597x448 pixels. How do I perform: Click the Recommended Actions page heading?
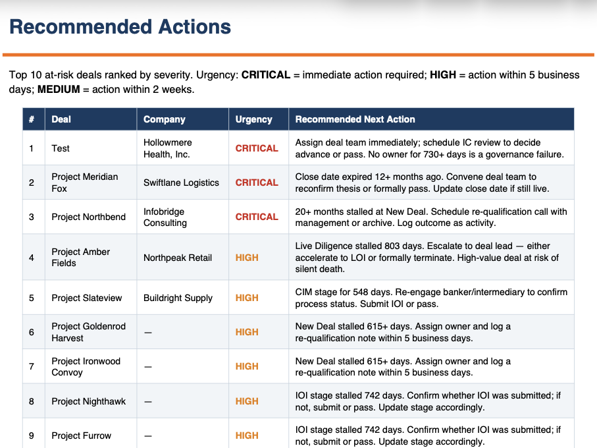(120, 27)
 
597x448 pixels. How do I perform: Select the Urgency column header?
(253, 119)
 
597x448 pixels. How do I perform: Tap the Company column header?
(164, 119)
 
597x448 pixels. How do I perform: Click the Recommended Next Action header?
(355, 119)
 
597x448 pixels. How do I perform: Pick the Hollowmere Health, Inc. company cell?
(168, 148)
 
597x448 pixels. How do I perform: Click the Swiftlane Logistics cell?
(181, 182)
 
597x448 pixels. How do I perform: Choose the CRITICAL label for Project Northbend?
(257, 217)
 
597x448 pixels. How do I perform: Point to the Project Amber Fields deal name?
(81, 257)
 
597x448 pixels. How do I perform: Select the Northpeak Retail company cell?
(178, 258)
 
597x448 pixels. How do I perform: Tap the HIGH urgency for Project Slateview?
(247, 298)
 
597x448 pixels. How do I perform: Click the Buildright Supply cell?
(178, 298)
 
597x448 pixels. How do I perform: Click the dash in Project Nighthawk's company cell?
(148, 401)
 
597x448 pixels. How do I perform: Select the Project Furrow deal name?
(82, 435)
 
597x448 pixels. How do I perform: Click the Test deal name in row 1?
(61, 148)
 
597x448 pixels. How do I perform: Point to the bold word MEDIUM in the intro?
(59, 89)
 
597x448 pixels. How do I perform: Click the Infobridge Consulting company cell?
(165, 217)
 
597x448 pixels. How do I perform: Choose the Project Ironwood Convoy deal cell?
(86, 366)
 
